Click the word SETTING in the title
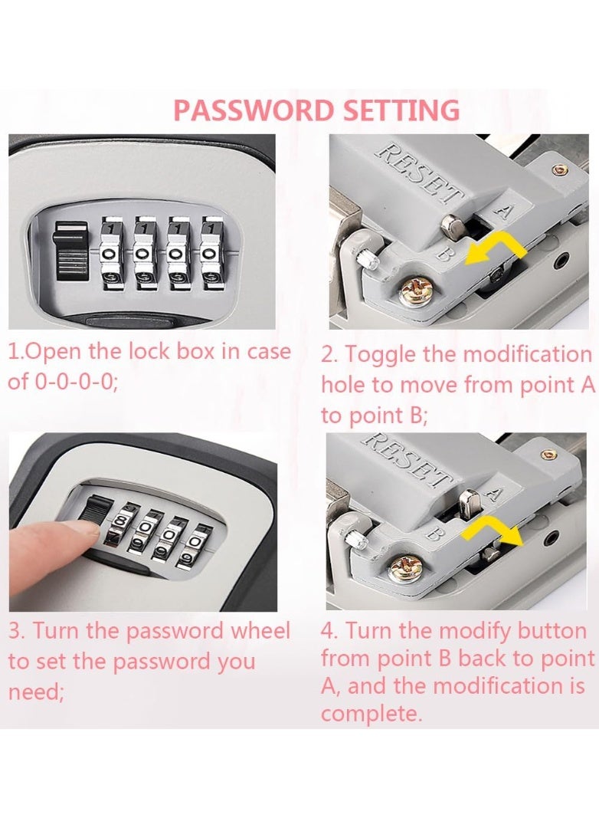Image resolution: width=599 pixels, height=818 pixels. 401,110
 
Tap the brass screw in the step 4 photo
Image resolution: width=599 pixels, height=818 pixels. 401,567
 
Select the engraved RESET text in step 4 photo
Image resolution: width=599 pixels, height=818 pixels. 407,459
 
